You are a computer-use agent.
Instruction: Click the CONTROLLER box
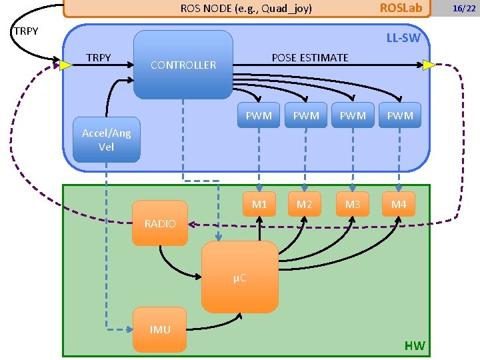click(183, 65)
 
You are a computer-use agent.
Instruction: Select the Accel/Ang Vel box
click(107, 140)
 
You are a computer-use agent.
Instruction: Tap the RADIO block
click(160, 223)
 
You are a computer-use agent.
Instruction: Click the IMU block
click(160, 329)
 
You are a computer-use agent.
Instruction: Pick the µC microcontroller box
click(240, 277)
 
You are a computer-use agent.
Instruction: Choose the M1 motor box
click(259, 205)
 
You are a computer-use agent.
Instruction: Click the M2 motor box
click(305, 205)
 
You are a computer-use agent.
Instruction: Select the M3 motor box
click(353, 205)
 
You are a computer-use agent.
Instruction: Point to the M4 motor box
click(399, 205)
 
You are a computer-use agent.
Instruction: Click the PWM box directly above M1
click(259, 115)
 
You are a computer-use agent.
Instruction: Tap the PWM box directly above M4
click(399, 115)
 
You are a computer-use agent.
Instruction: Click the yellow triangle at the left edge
click(65, 65)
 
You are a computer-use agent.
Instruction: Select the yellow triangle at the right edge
click(429, 65)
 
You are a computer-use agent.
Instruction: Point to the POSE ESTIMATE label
click(310, 58)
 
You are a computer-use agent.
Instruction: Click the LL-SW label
click(403, 38)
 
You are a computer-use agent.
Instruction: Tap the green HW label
click(414, 345)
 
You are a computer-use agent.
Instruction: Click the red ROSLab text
click(401, 8)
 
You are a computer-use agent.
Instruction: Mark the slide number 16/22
click(463, 8)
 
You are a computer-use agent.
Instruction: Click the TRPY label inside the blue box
click(99, 58)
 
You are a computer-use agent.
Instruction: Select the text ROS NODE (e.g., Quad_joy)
click(247, 9)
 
